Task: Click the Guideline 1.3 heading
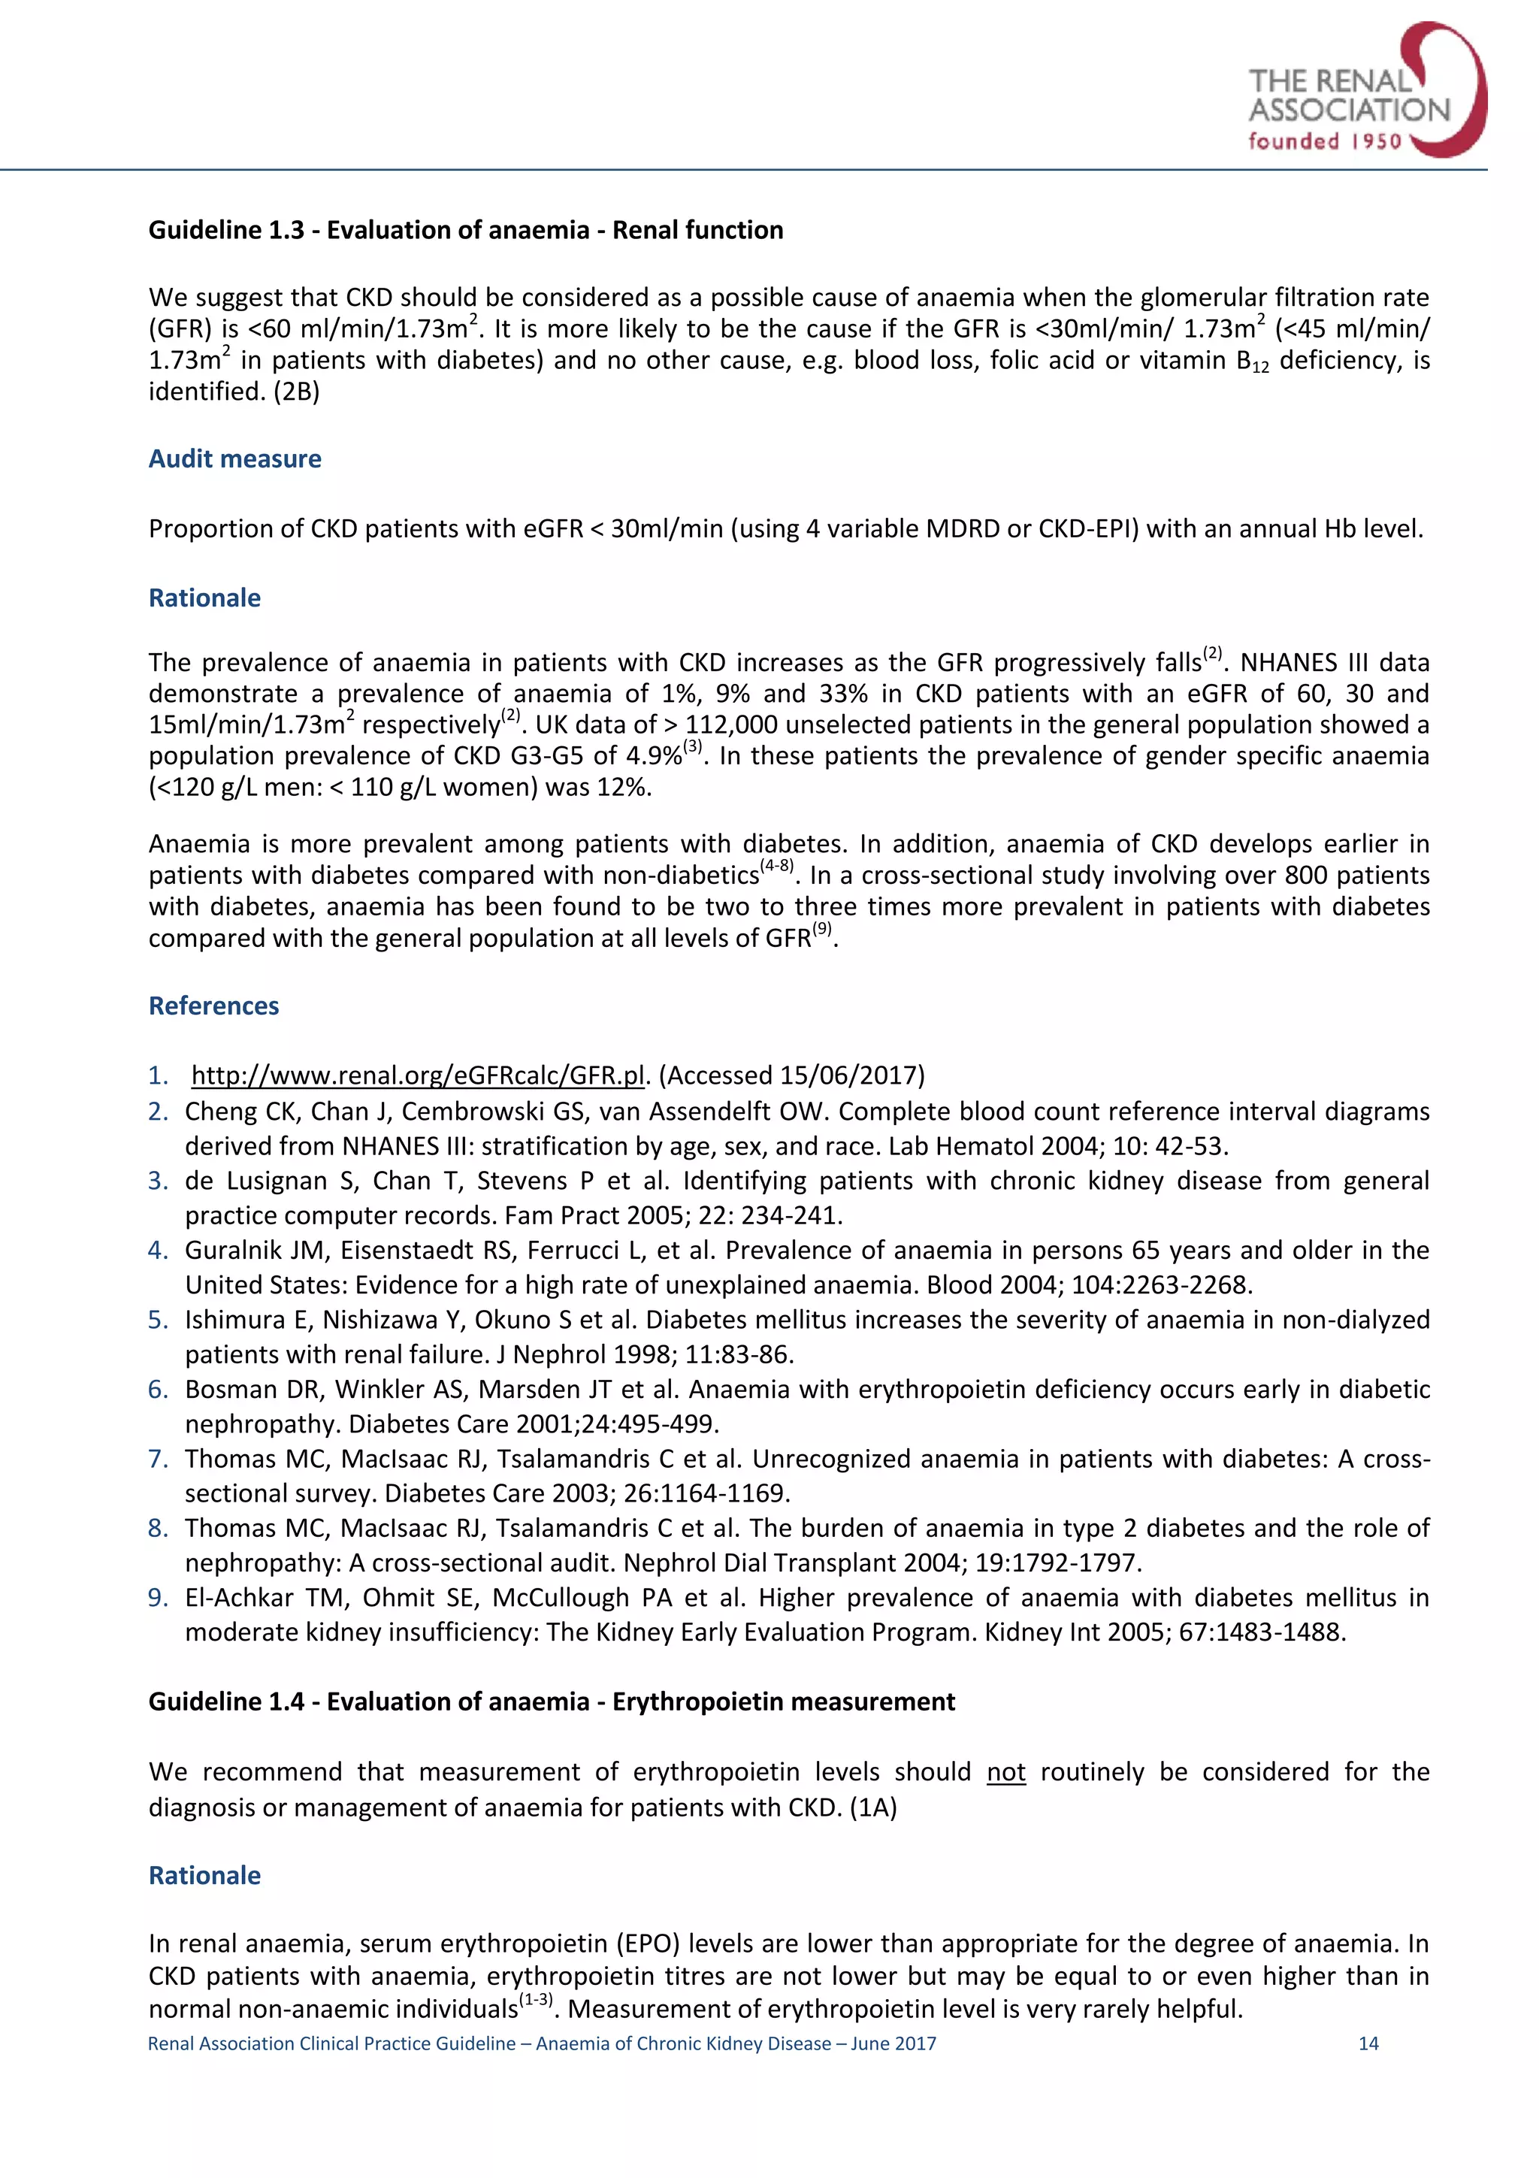466,229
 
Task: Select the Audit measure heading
234,459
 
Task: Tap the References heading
213,1006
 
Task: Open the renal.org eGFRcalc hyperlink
418,1075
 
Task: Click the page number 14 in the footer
1368,2043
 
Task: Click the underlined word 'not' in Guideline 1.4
1005,1772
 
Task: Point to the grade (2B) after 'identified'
297,392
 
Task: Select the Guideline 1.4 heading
551,1702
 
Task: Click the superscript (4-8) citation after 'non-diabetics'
776,867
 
